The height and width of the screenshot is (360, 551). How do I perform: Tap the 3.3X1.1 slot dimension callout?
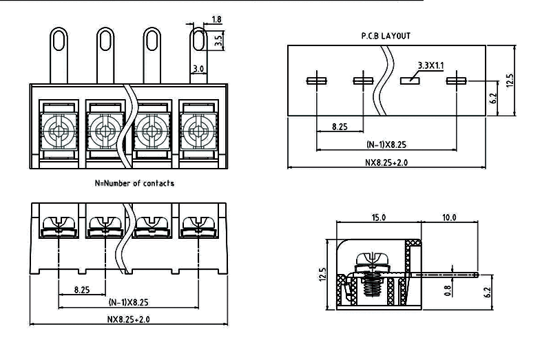point(431,65)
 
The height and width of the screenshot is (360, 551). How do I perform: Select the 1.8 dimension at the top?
point(217,19)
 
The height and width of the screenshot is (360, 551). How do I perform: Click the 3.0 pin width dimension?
point(198,69)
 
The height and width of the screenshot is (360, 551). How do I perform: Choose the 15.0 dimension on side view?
point(379,217)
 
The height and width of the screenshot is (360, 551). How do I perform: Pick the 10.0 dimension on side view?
point(449,217)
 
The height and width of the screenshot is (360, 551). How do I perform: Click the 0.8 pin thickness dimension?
point(448,290)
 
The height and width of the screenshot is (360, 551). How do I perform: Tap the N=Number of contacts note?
point(134,183)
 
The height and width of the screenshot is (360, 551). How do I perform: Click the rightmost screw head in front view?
point(198,128)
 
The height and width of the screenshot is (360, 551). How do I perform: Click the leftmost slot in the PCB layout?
point(316,81)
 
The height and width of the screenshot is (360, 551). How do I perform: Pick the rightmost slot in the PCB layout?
point(457,81)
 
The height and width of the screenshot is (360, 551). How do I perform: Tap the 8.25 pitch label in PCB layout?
point(340,127)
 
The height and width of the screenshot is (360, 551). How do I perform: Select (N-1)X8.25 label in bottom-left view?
point(129,303)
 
